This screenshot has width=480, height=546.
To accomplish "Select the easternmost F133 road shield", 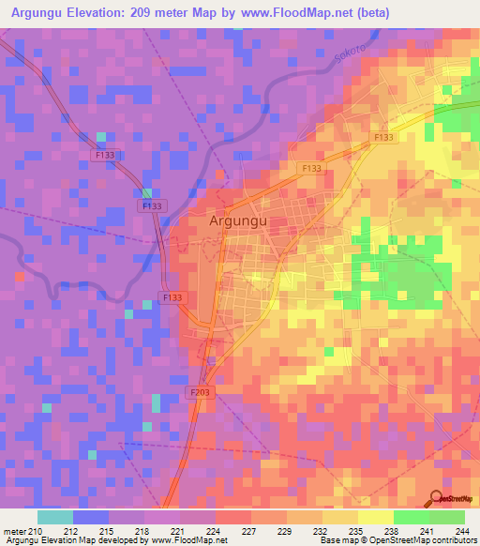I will pyautogui.click(x=383, y=138).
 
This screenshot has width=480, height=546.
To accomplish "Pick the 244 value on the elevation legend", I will pyautogui.click(x=463, y=530).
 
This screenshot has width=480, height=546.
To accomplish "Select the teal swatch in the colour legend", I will pyautogui.click(x=55, y=517).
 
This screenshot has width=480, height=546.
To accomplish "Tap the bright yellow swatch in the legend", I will pyautogui.click(x=375, y=517).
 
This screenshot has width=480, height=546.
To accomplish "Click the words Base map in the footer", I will pyautogui.click(x=338, y=540).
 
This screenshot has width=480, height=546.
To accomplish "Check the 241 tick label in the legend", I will pyautogui.click(x=428, y=530).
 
